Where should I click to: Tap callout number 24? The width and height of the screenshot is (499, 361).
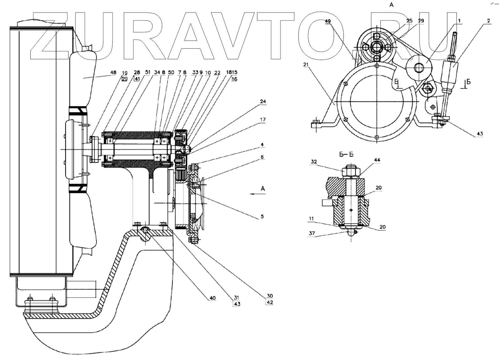click(x=263, y=101)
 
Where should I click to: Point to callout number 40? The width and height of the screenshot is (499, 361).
click(x=213, y=298)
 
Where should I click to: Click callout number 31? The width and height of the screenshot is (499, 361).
click(x=237, y=297)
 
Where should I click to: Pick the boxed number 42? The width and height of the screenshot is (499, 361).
click(x=270, y=303)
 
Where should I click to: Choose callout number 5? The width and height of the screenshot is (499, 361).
click(x=262, y=216)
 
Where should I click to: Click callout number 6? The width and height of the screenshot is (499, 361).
click(x=262, y=157)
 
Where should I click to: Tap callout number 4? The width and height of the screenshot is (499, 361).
click(x=262, y=145)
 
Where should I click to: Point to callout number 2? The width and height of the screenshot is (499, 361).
click(x=488, y=21)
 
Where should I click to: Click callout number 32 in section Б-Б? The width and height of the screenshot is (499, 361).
click(x=314, y=162)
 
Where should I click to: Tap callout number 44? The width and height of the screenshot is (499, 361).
click(x=377, y=160)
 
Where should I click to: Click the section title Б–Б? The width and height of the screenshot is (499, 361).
click(x=345, y=155)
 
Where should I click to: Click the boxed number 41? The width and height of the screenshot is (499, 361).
click(x=137, y=79)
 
